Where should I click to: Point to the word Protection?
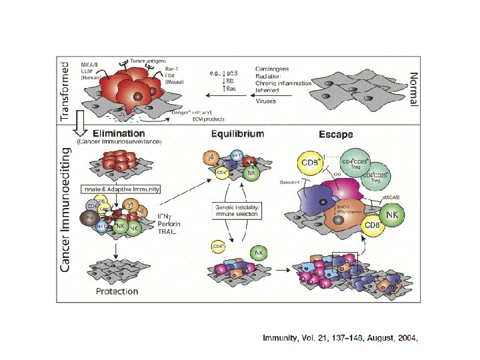(x=117, y=291)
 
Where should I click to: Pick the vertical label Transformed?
(x=65, y=91)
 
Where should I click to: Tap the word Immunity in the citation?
(x=280, y=339)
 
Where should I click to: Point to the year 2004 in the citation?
(x=407, y=339)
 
